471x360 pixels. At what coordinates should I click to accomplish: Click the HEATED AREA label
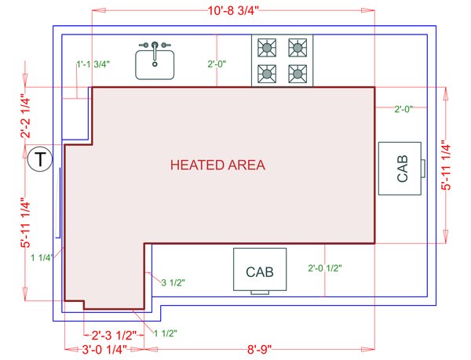(217, 165)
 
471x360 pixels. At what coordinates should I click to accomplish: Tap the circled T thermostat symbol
(40, 159)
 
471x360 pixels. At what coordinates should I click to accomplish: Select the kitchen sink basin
(155, 65)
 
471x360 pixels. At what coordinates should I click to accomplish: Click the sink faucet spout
(155, 51)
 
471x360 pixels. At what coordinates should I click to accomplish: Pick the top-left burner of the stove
(267, 47)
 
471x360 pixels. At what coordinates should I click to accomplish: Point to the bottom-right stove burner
(298, 74)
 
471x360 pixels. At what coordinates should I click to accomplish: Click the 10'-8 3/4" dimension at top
(233, 11)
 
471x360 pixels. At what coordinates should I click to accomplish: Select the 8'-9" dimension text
(260, 350)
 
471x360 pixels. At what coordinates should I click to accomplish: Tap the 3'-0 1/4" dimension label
(104, 350)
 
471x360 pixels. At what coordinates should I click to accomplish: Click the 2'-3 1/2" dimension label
(114, 335)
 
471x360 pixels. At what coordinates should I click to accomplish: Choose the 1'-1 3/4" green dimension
(93, 64)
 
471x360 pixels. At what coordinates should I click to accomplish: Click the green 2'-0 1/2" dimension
(325, 268)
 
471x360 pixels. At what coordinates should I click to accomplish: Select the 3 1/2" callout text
(173, 282)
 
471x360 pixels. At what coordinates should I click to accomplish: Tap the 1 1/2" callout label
(166, 333)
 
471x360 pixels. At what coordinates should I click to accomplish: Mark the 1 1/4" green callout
(42, 257)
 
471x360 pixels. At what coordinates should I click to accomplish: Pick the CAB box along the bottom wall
(260, 271)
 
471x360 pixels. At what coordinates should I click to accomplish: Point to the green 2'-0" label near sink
(217, 64)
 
